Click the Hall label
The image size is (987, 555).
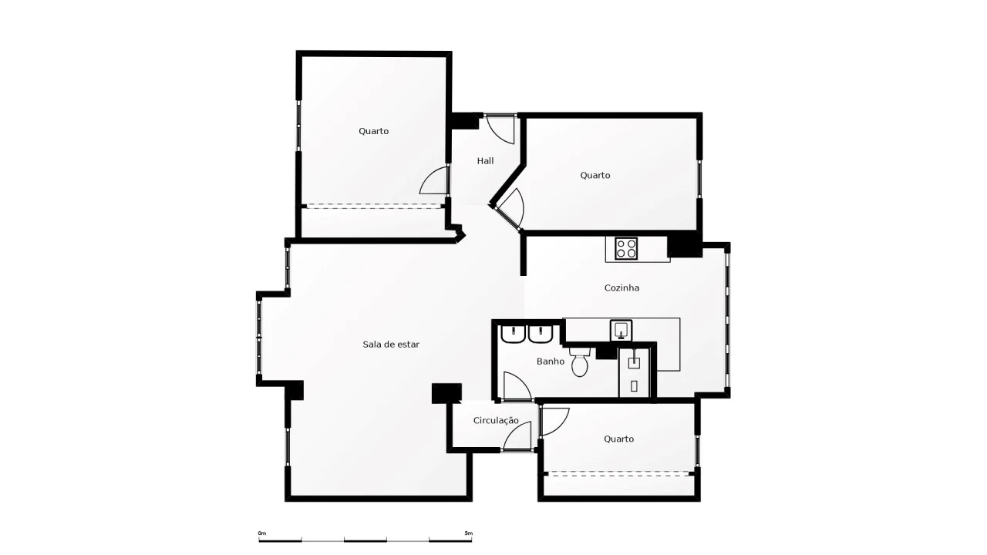pyautogui.click(x=485, y=161)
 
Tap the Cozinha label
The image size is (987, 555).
pyautogui.click(x=622, y=288)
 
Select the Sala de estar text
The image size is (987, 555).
pyautogui.click(x=391, y=345)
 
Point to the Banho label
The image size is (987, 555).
pyautogui.click(x=551, y=362)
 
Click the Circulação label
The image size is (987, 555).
pyautogui.click(x=496, y=421)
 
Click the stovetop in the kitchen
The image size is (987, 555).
pyautogui.click(x=626, y=248)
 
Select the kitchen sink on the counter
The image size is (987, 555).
pyautogui.click(x=621, y=331)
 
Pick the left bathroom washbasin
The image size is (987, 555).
pyautogui.click(x=514, y=335)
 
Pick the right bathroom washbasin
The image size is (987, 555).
pyautogui.click(x=541, y=335)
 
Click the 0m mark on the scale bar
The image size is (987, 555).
pyautogui.click(x=262, y=533)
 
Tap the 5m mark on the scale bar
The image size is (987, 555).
pyautogui.click(x=468, y=533)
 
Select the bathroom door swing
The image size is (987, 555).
pyautogui.click(x=517, y=386)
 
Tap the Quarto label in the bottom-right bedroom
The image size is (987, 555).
pyautogui.click(x=618, y=439)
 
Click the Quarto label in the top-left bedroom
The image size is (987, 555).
pyautogui.click(x=374, y=131)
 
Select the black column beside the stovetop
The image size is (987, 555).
pyautogui.click(x=684, y=245)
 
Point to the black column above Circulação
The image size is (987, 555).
pyautogui.click(x=446, y=393)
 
